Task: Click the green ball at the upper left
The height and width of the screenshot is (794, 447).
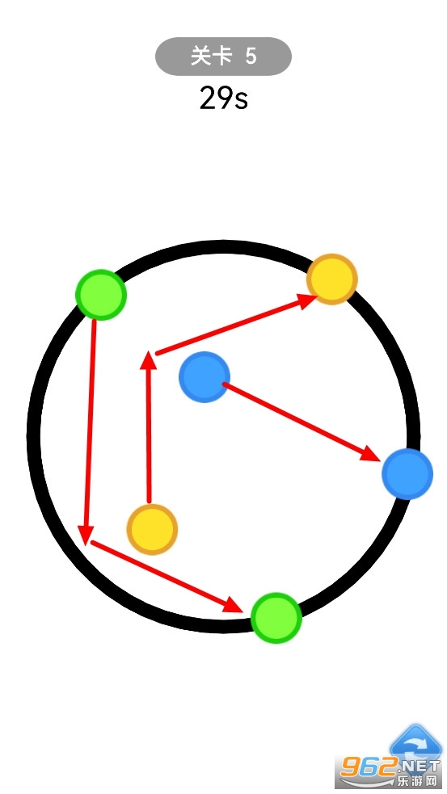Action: tap(101, 294)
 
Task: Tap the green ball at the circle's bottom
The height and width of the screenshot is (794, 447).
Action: tap(276, 618)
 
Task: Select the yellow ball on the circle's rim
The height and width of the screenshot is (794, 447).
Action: tap(332, 279)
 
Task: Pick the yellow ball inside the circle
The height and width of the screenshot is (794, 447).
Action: tap(152, 529)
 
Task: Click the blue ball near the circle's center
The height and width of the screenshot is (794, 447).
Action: tap(205, 376)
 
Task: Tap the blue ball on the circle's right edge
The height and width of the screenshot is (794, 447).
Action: tap(407, 474)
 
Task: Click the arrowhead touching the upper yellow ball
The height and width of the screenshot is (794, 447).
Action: tap(308, 300)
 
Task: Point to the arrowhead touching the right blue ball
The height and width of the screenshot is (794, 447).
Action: tap(370, 454)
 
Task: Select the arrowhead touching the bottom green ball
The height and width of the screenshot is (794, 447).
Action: tap(234, 603)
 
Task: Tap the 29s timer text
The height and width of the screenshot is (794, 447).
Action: tap(223, 99)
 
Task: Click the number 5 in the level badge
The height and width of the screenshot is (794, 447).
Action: tap(251, 57)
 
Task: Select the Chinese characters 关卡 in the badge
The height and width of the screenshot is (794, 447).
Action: tap(207, 57)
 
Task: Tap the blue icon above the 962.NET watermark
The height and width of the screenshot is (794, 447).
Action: tap(415, 742)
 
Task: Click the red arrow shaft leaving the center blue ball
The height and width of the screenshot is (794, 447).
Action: tap(297, 419)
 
